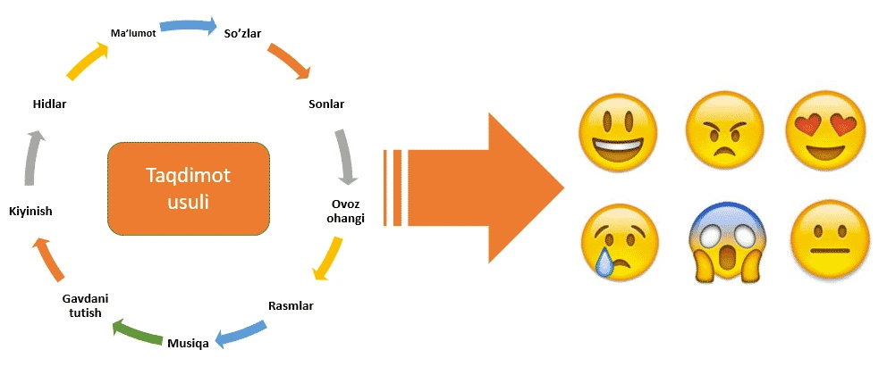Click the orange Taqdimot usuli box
coord(188,187)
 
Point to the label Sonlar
coord(325,104)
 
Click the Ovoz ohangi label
coord(342,212)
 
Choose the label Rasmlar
coord(291,306)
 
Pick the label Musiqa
coord(188,342)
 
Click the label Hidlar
coord(49,104)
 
